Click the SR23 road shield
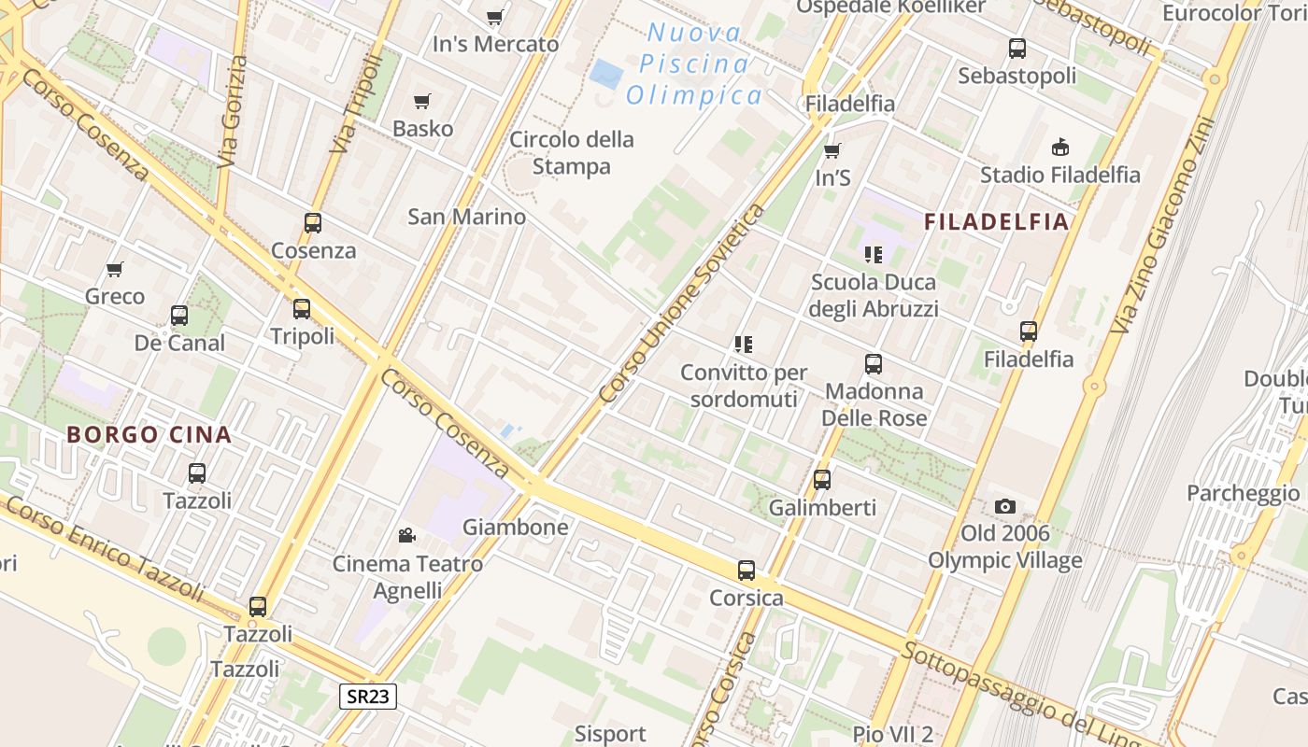tap(368, 696)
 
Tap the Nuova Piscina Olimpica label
tap(694, 64)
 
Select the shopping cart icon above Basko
tap(422, 101)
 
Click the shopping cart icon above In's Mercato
tap(495, 17)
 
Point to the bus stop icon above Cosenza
tap(313, 223)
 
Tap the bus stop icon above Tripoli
tap(302, 308)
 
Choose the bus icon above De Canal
tap(179, 316)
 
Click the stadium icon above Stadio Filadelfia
tap(1060, 147)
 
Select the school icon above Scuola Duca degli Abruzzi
tap(874, 254)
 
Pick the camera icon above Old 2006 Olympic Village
tap(1005, 506)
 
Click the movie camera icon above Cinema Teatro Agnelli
tap(406, 535)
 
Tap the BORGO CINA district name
tap(149, 434)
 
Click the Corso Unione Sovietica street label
tap(683, 304)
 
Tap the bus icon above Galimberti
tap(822, 480)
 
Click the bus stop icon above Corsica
tap(746, 571)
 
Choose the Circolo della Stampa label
tap(572, 153)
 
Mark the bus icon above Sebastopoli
tap(1017, 49)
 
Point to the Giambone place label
tap(516, 528)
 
